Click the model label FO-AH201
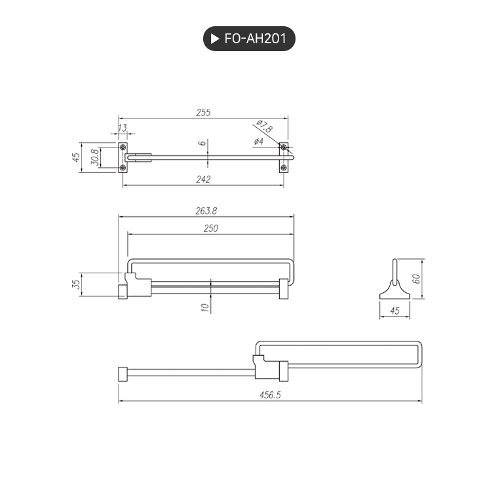[255, 39]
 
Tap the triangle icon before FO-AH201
[215, 39]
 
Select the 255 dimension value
[203, 113]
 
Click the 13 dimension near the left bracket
[123, 128]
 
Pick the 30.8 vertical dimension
[94, 157]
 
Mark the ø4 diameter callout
[258, 142]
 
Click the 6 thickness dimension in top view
[202, 143]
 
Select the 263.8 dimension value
[206, 211]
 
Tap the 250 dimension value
[210, 229]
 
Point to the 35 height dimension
[76, 284]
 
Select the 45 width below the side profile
[394, 311]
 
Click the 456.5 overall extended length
[270, 395]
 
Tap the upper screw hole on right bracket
[283, 147]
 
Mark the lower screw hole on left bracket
[123, 168]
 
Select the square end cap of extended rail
[122, 374]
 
